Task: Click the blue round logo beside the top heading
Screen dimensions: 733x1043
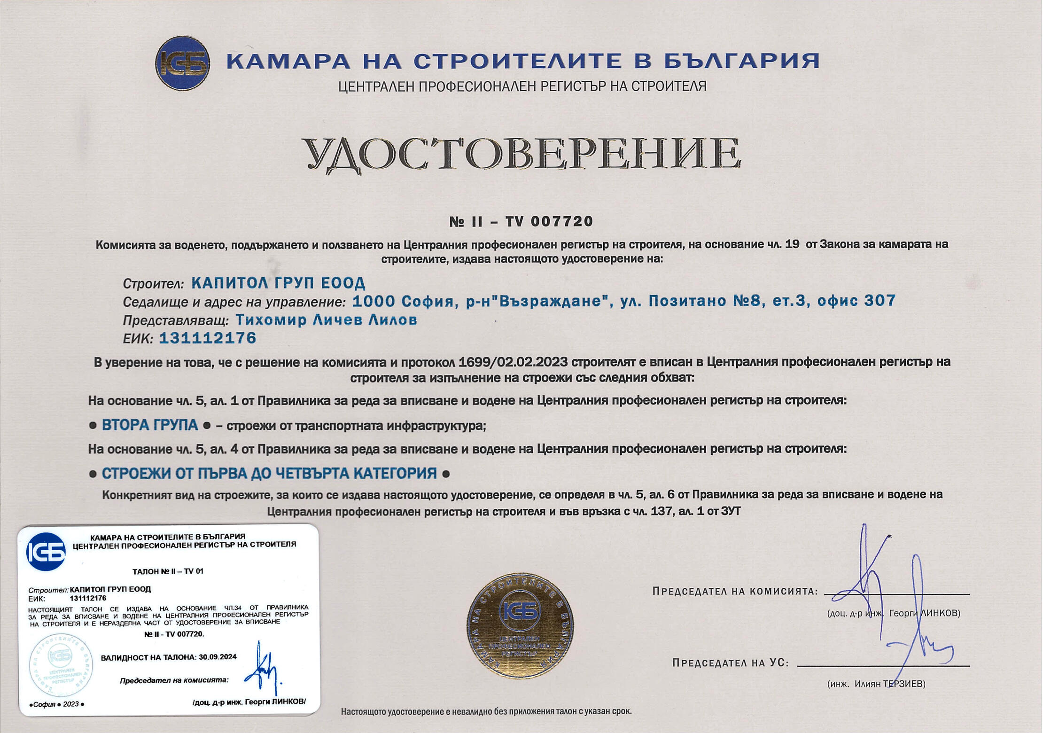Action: click(183, 63)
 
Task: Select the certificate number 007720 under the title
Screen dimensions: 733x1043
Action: click(562, 221)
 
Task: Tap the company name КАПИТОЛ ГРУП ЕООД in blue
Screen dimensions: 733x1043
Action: click(278, 283)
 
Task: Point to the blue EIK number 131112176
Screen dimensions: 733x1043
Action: click(208, 338)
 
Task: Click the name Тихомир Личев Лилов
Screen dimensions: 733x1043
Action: click(326, 320)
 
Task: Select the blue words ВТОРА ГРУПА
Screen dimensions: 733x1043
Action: click(150, 425)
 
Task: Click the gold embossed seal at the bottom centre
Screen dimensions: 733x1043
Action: click(520, 625)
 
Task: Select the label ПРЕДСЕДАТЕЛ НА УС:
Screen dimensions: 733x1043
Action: click(730, 663)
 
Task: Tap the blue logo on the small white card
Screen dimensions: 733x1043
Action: click(46, 552)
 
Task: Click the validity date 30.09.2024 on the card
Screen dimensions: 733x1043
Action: click(218, 657)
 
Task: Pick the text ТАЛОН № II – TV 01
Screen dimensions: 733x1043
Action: click(168, 571)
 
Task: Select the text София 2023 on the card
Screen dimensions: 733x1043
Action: click(56, 704)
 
